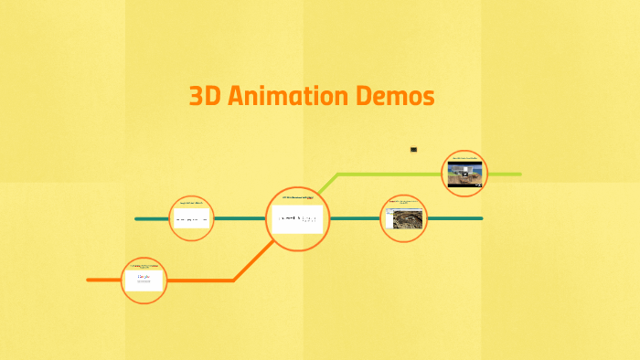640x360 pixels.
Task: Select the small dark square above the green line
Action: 413,149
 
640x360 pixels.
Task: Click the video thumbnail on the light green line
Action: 464,173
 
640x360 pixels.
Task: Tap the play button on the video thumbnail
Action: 464,174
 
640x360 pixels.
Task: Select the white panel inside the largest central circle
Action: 297,219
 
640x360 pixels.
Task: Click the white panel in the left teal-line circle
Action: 192,219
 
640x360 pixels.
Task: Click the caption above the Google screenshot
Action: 144,265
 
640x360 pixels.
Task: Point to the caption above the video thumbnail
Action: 464,159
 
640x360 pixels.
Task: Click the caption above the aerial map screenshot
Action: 403,201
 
